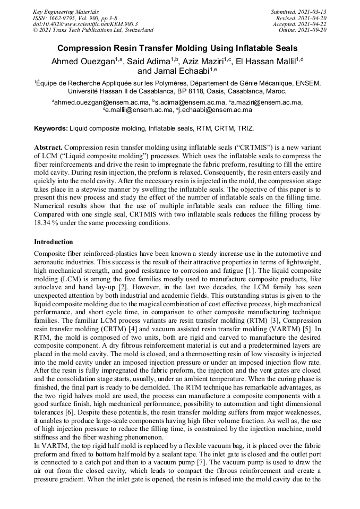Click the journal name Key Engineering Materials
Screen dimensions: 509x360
[x=66, y=11]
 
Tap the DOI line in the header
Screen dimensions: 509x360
[x=85, y=24]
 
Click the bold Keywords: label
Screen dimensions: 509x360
[x=51, y=128]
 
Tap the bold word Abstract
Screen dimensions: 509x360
[x=48, y=146]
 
